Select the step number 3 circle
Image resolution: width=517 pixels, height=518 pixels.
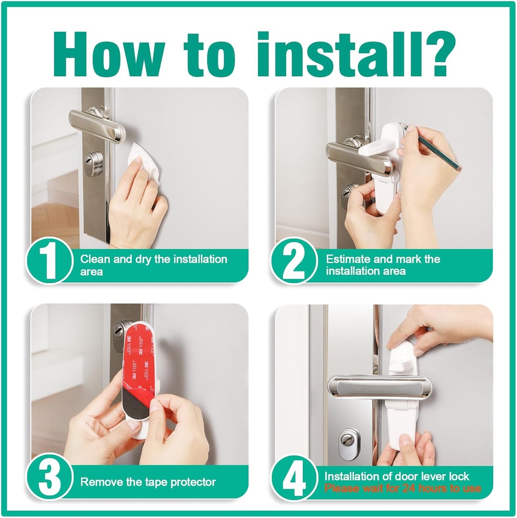click(x=49, y=477)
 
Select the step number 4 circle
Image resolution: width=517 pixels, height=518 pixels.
click(x=294, y=477)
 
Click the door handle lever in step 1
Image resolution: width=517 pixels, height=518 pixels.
click(x=97, y=125)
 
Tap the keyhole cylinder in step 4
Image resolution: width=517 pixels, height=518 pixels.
click(x=349, y=443)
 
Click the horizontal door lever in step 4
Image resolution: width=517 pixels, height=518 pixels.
click(x=379, y=386)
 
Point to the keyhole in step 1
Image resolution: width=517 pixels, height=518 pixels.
click(x=92, y=163)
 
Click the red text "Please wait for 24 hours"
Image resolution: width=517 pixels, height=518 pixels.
click(x=402, y=489)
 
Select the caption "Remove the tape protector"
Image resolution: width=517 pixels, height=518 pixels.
click(x=148, y=482)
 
